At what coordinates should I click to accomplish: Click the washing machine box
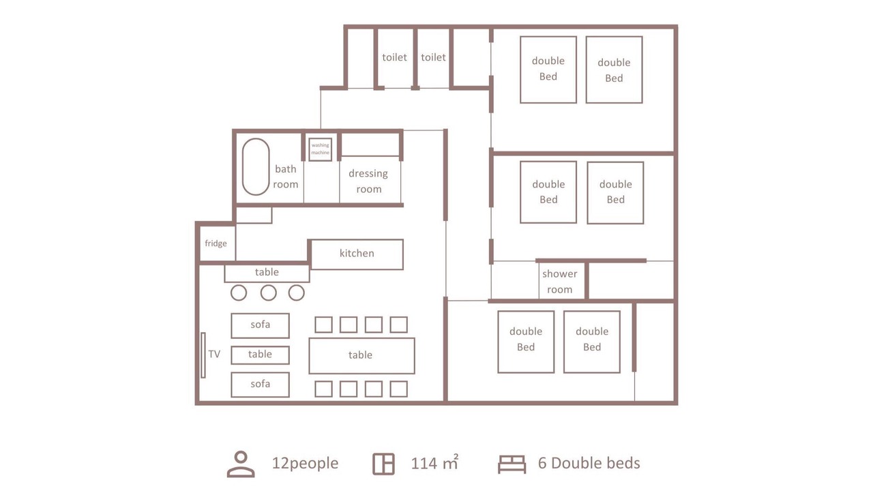[x=321, y=149]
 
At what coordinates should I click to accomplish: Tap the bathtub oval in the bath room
[x=243, y=167]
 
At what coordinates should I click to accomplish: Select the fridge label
[x=216, y=243]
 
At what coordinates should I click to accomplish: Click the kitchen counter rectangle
[x=357, y=254]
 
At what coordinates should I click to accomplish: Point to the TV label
[x=214, y=354]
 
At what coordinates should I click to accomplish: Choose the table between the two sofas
[x=260, y=355]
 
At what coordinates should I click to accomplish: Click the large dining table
[x=361, y=356]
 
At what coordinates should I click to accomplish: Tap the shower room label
[x=560, y=282]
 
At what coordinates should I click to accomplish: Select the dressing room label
[x=368, y=181]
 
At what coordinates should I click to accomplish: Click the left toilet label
[x=394, y=57]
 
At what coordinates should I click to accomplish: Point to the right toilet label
[x=433, y=57]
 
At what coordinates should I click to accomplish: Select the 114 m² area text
[x=434, y=462]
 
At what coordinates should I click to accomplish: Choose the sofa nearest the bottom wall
[x=260, y=385]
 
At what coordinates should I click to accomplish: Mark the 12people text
[x=305, y=463]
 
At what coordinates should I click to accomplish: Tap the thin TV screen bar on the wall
[x=203, y=355]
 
